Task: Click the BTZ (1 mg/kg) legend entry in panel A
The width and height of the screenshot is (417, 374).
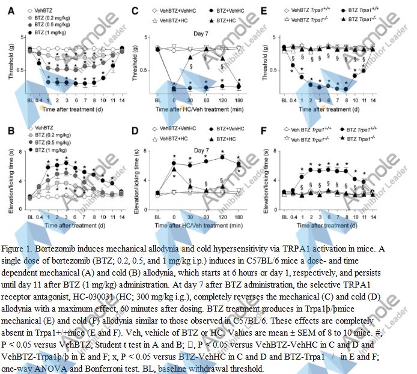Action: pyautogui.click(x=50, y=31)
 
